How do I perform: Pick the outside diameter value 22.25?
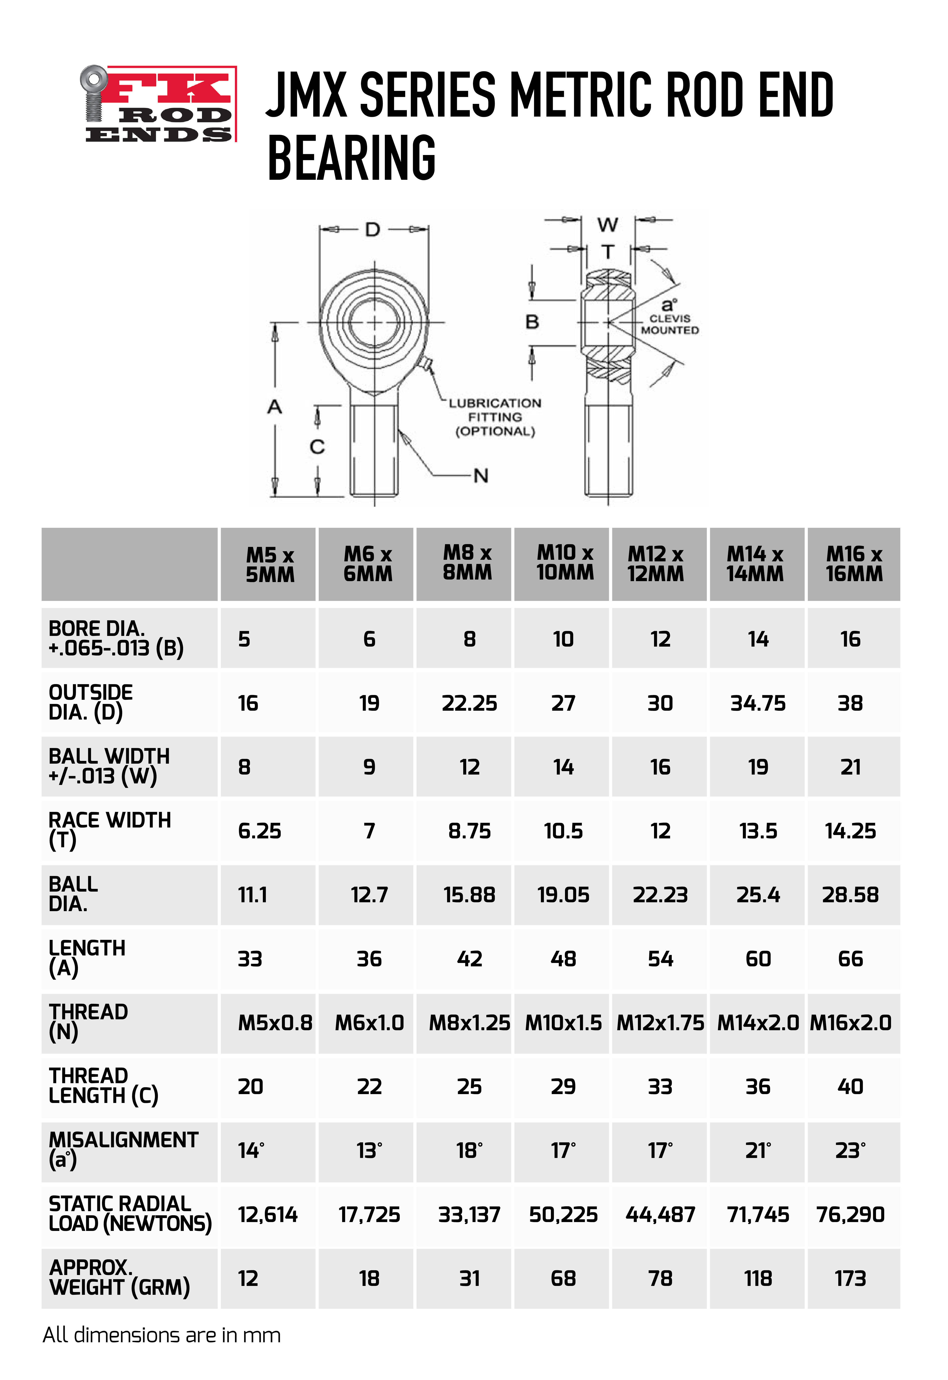click(469, 703)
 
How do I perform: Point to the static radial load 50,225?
click(563, 1214)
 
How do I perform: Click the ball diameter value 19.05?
click(563, 895)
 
